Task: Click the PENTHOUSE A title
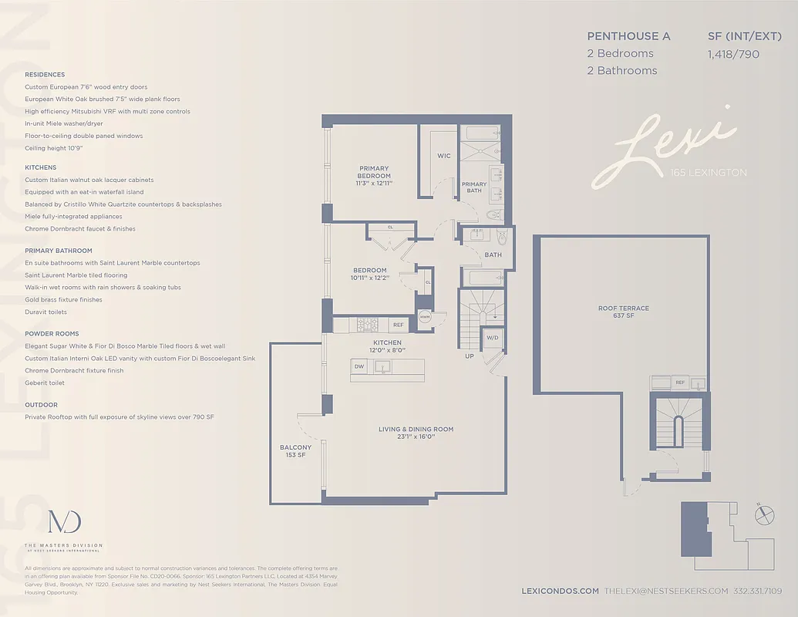(x=628, y=36)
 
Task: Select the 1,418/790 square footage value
(x=733, y=54)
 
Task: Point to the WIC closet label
(x=444, y=156)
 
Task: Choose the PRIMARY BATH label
(x=474, y=187)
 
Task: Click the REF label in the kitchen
(x=399, y=325)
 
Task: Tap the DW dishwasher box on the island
(x=359, y=366)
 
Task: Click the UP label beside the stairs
(x=469, y=356)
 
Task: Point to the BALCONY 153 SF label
(x=296, y=451)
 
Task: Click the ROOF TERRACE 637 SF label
(x=624, y=312)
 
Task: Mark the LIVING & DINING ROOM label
(x=416, y=433)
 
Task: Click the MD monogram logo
(x=64, y=522)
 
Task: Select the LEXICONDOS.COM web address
(x=561, y=591)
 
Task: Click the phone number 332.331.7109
(x=758, y=591)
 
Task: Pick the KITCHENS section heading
(x=40, y=167)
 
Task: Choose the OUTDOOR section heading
(x=41, y=404)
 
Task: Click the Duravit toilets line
(x=45, y=312)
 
